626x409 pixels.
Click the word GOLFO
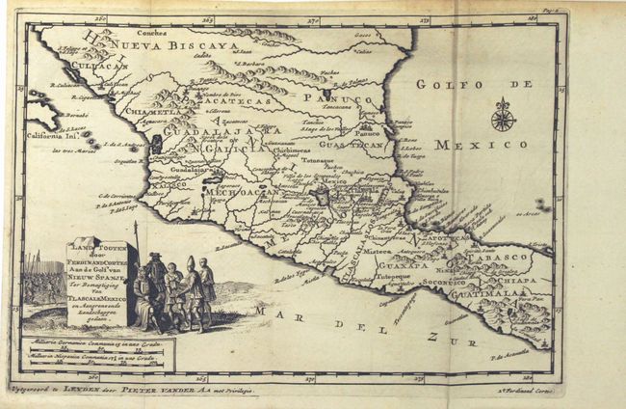(449, 85)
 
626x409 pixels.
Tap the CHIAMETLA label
(151, 111)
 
